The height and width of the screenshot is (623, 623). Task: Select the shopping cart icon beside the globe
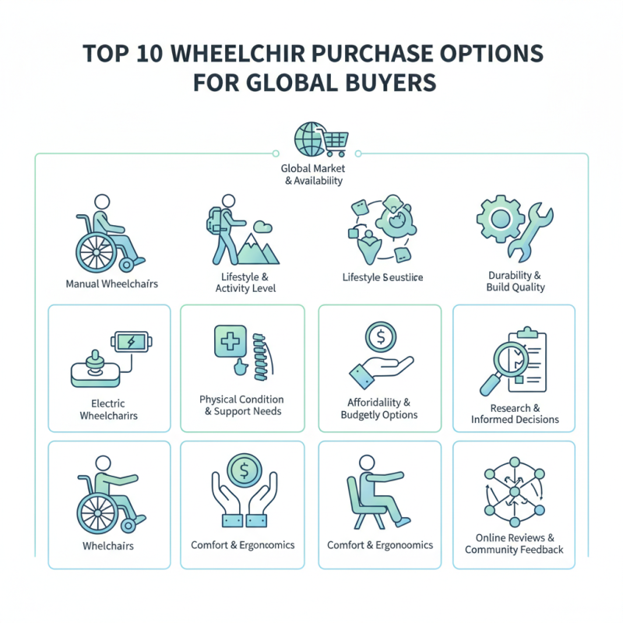coord(333,140)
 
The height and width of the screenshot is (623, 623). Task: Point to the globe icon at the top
coord(306,138)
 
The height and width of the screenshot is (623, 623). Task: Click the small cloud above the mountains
coord(264,226)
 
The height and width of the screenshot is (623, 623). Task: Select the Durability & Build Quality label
coord(513,281)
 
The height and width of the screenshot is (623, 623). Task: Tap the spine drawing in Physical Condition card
coord(260,357)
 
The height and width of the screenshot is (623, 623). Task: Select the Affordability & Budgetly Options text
coord(380,409)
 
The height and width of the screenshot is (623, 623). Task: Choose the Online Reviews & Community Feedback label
coord(514,544)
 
